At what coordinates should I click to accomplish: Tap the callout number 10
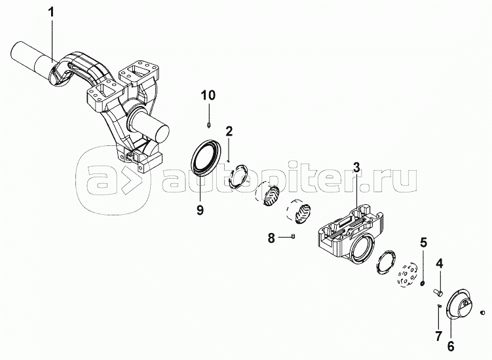[x=208, y=96]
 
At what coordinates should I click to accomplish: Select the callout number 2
[x=229, y=130]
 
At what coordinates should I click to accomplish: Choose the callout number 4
[x=440, y=264]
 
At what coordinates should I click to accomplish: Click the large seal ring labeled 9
[x=206, y=161]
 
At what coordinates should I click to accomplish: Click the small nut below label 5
[x=423, y=283]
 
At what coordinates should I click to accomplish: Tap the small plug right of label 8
[x=294, y=236]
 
